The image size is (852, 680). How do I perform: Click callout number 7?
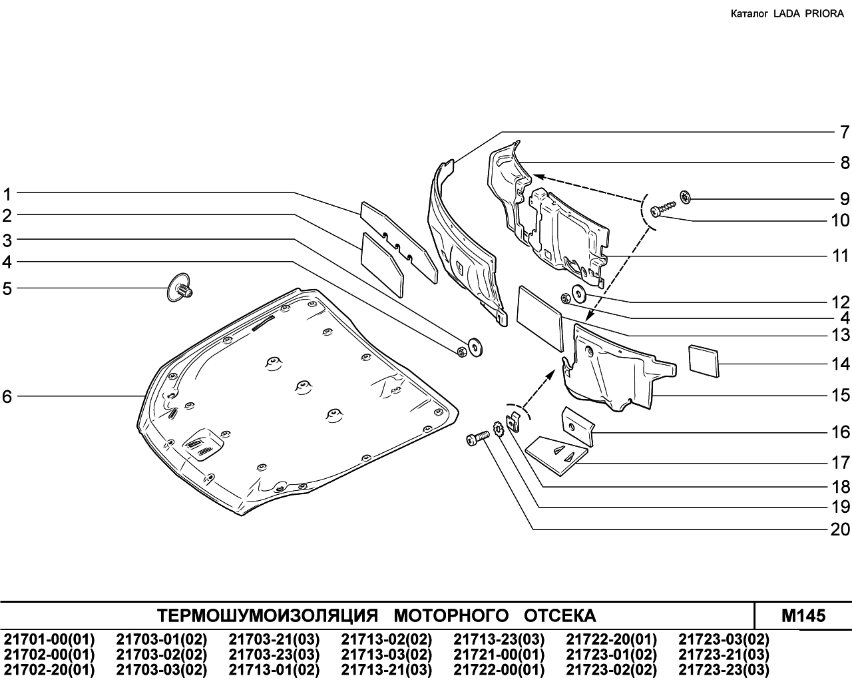click(845, 132)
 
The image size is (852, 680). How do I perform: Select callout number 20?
click(840, 529)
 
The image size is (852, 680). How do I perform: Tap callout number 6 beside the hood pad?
click(7, 396)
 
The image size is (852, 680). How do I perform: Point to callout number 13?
click(840, 335)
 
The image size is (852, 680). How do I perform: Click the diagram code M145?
click(803, 615)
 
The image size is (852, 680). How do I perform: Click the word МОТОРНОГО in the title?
click(451, 615)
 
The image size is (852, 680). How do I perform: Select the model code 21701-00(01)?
click(49, 639)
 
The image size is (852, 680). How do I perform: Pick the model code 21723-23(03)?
click(724, 670)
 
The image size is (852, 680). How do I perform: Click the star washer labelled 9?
click(685, 197)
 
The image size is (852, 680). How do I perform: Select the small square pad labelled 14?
click(704, 360)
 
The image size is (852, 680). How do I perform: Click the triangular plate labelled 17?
click(557, 455)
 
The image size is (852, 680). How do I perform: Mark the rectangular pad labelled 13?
click(540, 319)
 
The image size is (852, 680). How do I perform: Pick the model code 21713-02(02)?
click(387, 639)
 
